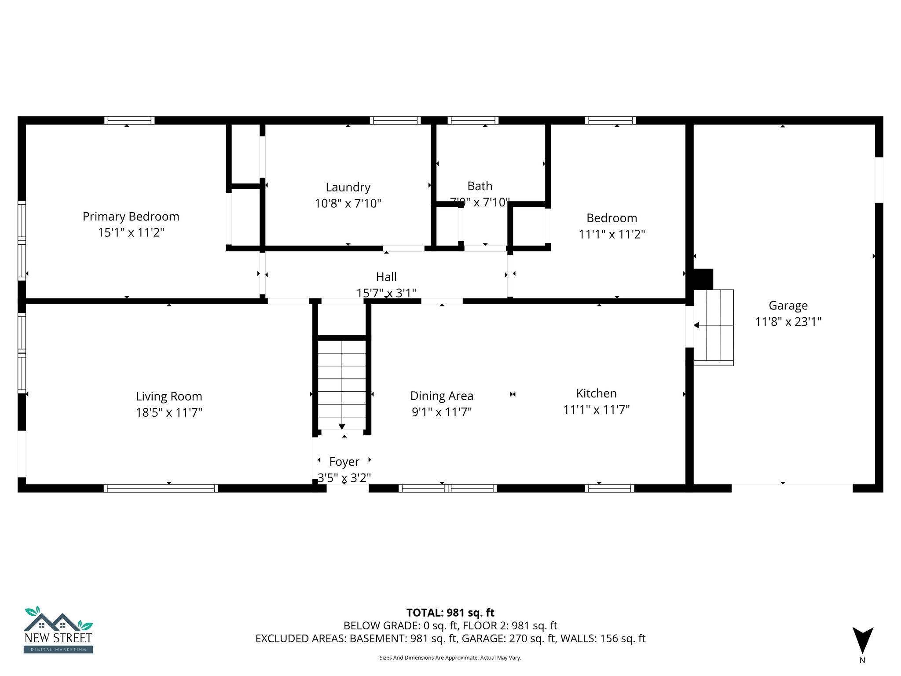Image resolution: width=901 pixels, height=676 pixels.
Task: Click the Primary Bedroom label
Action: (x=131, y=217)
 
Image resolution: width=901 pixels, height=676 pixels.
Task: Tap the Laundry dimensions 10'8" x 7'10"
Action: (x=348, y=203)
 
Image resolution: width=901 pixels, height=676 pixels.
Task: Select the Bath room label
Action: (x=480, y=186)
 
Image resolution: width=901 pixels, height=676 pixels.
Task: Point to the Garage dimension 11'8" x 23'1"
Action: (x=788, y=322)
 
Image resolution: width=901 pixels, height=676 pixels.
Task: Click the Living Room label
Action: (x=169, y=397)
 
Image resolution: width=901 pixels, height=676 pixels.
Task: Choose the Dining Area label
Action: (x=442, y=396)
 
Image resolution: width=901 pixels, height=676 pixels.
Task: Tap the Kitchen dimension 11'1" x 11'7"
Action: (x=596, y=410)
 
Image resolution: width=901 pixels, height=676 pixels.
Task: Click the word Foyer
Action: (x=344, y=462)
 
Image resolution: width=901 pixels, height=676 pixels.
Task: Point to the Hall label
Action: (x=386, y=277)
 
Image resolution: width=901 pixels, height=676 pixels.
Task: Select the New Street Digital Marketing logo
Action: (x=59, y=630)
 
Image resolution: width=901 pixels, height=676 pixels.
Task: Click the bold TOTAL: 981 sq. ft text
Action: (x=450, y=613)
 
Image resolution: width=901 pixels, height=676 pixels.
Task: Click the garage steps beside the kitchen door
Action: (x=714, y=327)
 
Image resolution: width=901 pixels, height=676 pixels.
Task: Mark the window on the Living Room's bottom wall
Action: (x=161, y=488)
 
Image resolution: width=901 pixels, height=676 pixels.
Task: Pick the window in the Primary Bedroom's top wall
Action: (x=129, y=120)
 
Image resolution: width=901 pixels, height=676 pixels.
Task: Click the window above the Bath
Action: (x=473, y=120)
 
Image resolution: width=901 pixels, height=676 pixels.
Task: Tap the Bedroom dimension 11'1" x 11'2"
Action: (x=612, y=234)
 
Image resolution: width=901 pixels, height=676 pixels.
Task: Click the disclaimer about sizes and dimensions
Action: (x=450, y=658)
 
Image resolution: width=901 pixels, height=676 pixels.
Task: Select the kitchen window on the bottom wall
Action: (x=609, y=488)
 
